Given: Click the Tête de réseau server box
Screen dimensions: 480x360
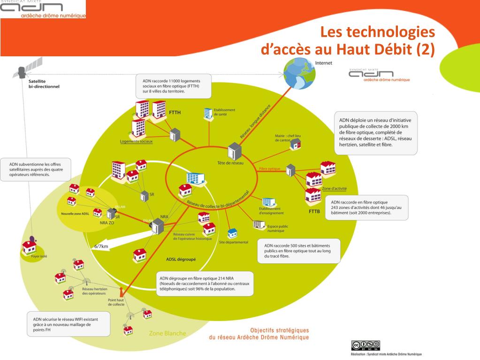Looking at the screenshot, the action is (234, 151).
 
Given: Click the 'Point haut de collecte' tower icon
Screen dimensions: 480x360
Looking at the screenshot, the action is (122, 291).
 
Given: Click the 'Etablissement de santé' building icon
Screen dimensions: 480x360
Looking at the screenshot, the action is (207, 113).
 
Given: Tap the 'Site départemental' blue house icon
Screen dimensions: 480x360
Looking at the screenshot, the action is (232, 233).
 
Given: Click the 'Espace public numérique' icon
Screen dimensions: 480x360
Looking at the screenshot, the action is (257, 224).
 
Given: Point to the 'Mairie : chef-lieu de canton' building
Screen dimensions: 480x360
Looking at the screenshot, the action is (295, 146).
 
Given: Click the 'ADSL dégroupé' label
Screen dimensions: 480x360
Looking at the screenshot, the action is (181, 259).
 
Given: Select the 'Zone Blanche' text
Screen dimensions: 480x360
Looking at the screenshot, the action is (167, 333).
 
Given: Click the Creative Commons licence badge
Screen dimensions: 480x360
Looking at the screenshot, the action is (365, 345).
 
